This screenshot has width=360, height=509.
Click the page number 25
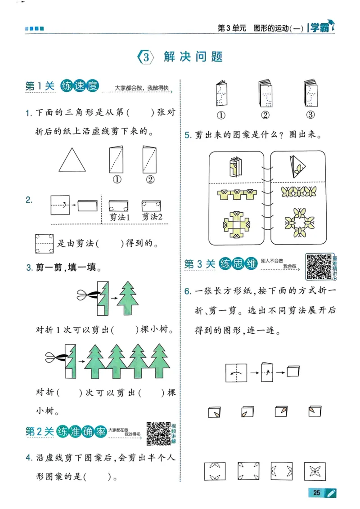(317, 493)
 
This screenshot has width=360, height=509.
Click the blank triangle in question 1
(72, 161)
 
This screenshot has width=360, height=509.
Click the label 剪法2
(152, 217)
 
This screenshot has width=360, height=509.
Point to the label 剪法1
(120, 217)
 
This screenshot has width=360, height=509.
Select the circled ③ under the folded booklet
(310, 115)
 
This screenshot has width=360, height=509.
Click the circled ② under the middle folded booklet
(265, 115)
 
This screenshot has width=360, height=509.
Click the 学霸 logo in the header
(320, 28)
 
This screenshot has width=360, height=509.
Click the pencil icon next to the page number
(332, 493)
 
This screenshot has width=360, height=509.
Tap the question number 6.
(188, 291)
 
